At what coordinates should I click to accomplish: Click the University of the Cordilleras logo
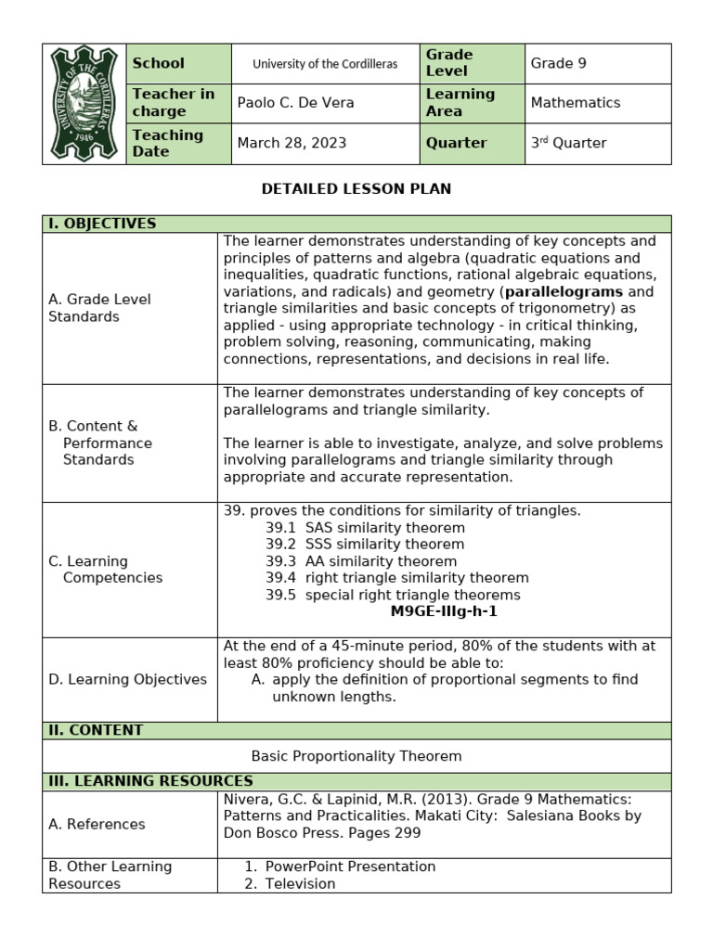(84, 103)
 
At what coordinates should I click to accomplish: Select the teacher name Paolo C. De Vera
(295, 103)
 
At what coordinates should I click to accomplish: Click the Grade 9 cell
(558, 63)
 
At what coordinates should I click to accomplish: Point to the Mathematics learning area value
(575, 103)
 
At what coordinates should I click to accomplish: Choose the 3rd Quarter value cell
(568, 143)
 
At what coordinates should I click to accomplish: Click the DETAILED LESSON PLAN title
(356, 188)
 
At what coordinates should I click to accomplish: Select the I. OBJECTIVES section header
(102, 224)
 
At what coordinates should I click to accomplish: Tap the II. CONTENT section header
(96, 730)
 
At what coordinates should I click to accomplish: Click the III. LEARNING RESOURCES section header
(149, 781)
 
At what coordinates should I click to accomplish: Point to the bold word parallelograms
(563, 291)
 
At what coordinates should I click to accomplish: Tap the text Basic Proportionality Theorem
(356, 756)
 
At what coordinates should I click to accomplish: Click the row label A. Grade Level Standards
(99, 308)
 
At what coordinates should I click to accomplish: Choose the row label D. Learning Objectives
(127, 679)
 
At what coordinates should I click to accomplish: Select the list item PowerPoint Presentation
(350, 867)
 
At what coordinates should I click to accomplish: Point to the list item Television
(300, 883)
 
